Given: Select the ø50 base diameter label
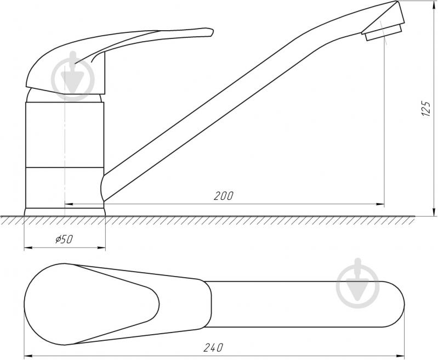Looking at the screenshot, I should click(64, 239).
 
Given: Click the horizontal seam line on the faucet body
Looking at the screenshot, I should click(65, 166).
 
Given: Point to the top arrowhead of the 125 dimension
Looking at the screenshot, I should click(434, 5).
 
